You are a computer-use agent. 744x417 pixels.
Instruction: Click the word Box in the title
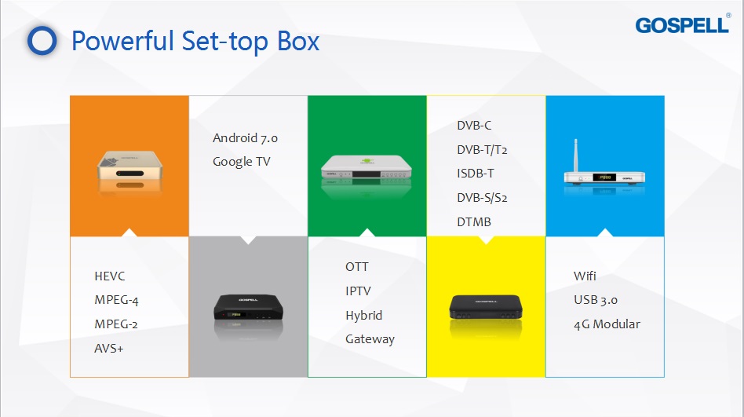(x=298, y=42)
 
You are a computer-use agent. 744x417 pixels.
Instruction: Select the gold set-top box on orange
(x=129, y=166)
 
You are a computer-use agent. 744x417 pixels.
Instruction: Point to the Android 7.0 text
(x=245, y=137)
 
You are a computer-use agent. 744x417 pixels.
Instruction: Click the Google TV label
(x=241, y=162)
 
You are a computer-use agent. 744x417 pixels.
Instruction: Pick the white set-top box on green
(x=367, y=166)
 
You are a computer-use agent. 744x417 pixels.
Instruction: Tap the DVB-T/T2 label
(x=482, y=150)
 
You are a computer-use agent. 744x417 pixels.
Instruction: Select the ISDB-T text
(x=475, y=174)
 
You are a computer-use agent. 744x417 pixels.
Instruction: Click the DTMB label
(x=473, y=221)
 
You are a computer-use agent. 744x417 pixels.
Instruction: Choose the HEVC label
(x=110, y=276)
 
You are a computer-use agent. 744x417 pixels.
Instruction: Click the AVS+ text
(x=108, y=348)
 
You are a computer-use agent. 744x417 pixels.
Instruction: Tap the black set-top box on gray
(x=248, y=307)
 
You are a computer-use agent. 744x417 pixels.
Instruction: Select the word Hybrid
(x=363, y=316)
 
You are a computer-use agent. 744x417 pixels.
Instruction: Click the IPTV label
(x=358, y=291)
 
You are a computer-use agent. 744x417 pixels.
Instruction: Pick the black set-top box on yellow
(x=485, y=307)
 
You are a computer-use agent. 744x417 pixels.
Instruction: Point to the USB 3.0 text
(x=595, y=300)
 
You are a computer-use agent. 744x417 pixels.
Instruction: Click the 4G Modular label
(x=607, y=324)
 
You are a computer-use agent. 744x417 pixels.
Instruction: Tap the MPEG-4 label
(x=116, y=300)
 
